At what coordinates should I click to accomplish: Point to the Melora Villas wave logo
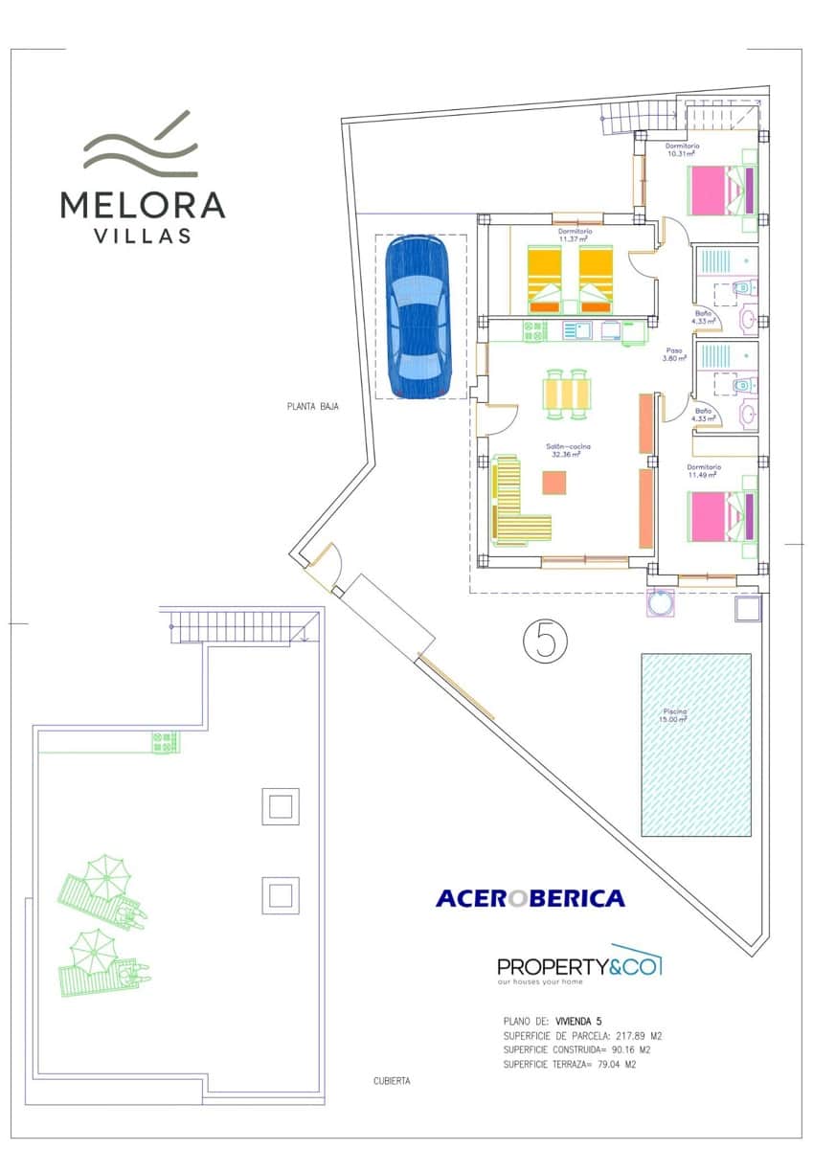[x=141, y=146]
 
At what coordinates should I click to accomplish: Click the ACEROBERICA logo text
[x=530, y=898]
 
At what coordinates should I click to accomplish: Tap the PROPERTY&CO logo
[x=579, y=967]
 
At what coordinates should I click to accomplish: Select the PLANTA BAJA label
[x=313, y=406]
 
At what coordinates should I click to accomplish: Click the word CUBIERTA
[x=392, y=1081]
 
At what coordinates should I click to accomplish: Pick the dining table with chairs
[x=566, y=394]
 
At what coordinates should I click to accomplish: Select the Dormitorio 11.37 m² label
[x=576, y=236]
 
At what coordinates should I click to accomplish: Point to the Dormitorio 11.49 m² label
[x=704, y=471]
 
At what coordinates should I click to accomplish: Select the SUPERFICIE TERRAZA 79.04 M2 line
[x=570, y=1064]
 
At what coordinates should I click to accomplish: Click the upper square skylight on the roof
[x=281, y=806]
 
